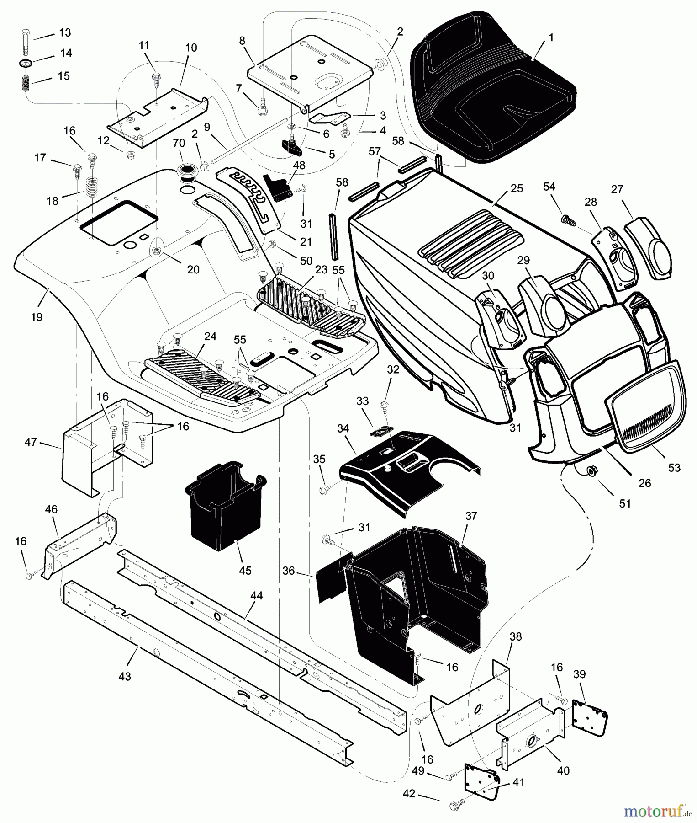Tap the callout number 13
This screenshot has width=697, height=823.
(65, 33)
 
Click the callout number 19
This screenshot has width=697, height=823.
(37, 316)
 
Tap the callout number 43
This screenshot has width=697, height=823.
(124, 676)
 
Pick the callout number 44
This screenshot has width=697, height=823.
(257, 595)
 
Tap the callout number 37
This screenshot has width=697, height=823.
(470, 516)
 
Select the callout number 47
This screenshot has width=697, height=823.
(31, 443)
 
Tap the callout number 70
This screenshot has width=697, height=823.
(178, 143)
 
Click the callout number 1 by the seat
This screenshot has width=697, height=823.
(551, 37)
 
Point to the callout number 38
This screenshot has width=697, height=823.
(515, 636)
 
